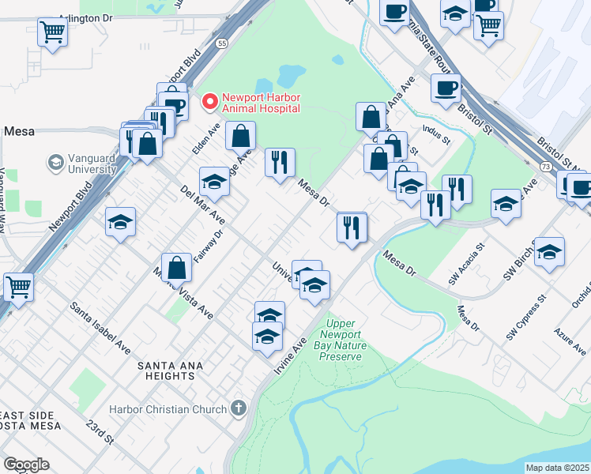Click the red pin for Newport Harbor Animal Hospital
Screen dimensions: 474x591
click(x=210, y=101)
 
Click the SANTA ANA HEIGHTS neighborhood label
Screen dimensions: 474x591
click(x=170, y=366)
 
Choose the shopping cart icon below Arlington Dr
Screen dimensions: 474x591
click(x=52, y=32)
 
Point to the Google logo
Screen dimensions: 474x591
click(x=26, y=465)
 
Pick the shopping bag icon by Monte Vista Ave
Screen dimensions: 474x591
click(x=178, y=267)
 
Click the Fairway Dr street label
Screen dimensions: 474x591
click(x=209, y=245)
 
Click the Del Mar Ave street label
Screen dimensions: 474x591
click(x=202, y=205)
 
